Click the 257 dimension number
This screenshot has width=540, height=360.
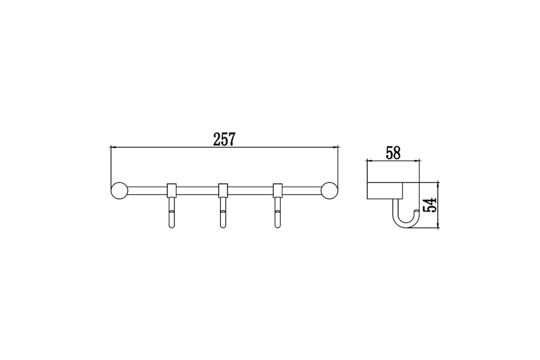click(224, 139)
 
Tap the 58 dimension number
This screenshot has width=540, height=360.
click(393, 153)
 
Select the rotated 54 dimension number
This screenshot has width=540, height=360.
click(430, 205)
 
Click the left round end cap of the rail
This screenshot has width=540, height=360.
click(119, 190)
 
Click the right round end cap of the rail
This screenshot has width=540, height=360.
click(329, 190)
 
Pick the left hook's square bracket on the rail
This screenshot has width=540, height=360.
click(171, 190)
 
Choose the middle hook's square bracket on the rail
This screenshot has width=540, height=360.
click(223, 190)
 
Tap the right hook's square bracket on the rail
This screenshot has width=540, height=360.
click(278, 190)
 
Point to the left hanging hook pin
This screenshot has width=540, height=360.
click(171, 213)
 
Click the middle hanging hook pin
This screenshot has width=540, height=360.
click(223, 213)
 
